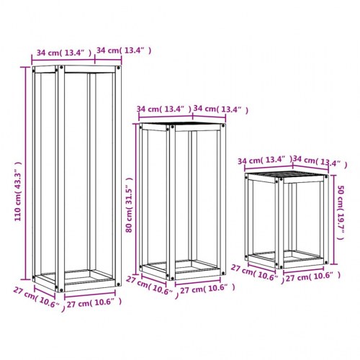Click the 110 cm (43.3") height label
[x=18, y=192]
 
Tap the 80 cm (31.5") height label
[x=129, y=205]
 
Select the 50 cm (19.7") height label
[x=341, y=212]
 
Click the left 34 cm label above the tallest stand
[x=64, y=53]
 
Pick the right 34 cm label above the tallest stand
[x=124, y=50]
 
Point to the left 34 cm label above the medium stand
[x=164, y=109]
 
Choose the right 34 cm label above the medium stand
[x=221, y=109]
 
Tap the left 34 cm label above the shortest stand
[x=265, y=160]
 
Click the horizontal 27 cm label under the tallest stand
[x=94, y=303]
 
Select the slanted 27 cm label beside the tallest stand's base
[x=39, y=299]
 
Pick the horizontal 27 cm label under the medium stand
[x=207, y=289]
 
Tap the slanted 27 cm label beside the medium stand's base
[x=153, y=287]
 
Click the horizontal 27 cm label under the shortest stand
[x=313, y=276]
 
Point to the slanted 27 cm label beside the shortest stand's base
[x=257, y=274]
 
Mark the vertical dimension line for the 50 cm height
[x=333, y=220]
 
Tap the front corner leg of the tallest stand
[x=60, y=179]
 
